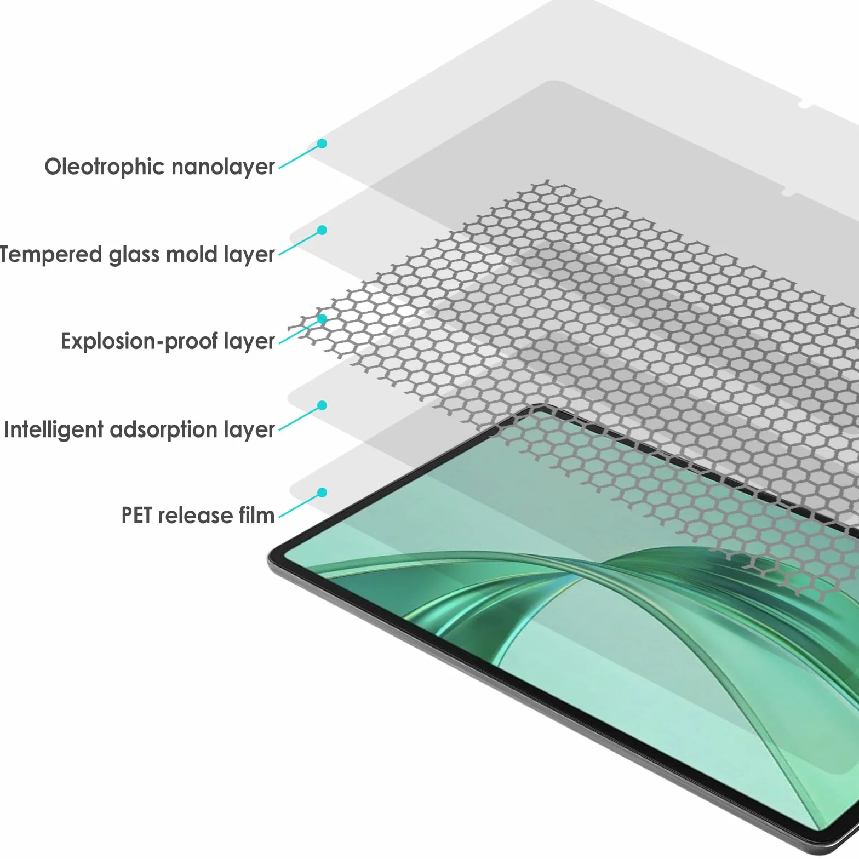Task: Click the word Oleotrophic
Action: (104, 167)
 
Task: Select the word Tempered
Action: (51, 255)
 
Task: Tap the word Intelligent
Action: (54, 430)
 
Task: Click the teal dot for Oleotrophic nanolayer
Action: (323, 144)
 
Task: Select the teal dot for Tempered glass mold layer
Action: (323, 230)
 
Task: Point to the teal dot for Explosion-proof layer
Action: (323, 318)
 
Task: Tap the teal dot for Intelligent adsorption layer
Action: (323, 405)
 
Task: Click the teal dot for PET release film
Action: (323, 493)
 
